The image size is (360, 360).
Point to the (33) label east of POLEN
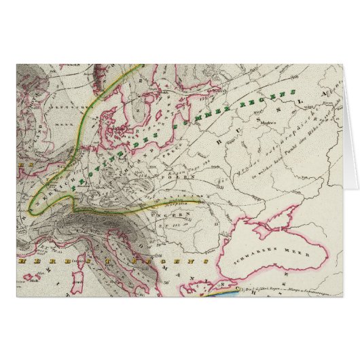point(220,182)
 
